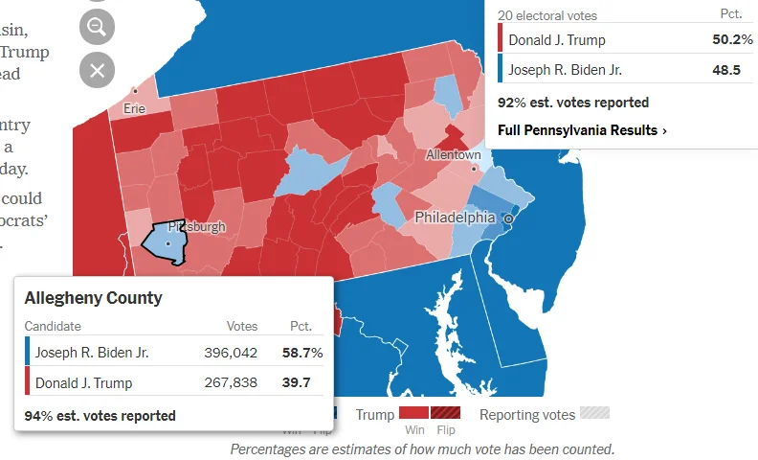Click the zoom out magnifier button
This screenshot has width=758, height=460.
(97, 27)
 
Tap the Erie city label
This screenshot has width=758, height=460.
(134, 108)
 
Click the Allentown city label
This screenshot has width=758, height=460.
(453, 154)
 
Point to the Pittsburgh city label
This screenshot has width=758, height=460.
(196, 227)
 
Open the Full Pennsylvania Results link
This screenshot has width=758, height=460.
(582, 129)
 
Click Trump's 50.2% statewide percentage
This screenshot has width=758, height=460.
(732, 40)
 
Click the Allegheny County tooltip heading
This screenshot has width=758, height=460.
(93, 298)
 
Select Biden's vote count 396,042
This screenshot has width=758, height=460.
(231, 353)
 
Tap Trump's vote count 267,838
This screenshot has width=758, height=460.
(231, 383)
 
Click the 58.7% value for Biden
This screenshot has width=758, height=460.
(302, 353)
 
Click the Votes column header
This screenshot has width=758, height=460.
(242, 327)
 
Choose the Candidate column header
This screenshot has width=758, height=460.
(53, 327)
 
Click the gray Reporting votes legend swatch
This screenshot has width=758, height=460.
(595, 413)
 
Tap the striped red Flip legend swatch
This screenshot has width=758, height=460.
(445, 413)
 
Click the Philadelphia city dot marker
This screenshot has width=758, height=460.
(509, 219)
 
